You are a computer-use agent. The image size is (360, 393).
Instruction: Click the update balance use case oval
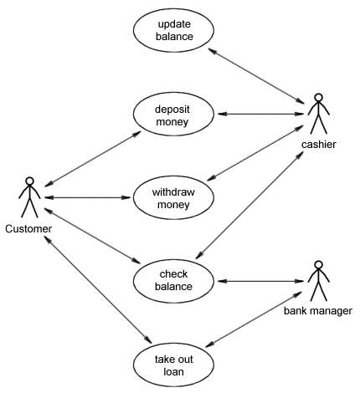click(x=175, y=30)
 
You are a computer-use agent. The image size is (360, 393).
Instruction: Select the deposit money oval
click(x=175, y=115)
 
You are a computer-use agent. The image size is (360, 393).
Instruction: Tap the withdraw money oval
click(x=175, y=197)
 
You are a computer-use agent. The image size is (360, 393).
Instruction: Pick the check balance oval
click(x=175, y=279)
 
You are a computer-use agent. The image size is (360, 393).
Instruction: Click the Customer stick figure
click(x=29, y=199)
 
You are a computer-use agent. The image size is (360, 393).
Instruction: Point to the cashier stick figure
click(x=317, y=115)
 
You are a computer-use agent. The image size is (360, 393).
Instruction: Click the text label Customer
click(x=28, y=229)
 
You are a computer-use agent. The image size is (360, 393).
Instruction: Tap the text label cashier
click(x=318, y=145)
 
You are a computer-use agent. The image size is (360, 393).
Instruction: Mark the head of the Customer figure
click(x=29, y=181)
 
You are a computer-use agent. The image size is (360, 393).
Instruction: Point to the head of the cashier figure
click(x=317, y=98)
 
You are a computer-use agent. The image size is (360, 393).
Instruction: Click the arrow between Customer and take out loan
click(x=96, y=288)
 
